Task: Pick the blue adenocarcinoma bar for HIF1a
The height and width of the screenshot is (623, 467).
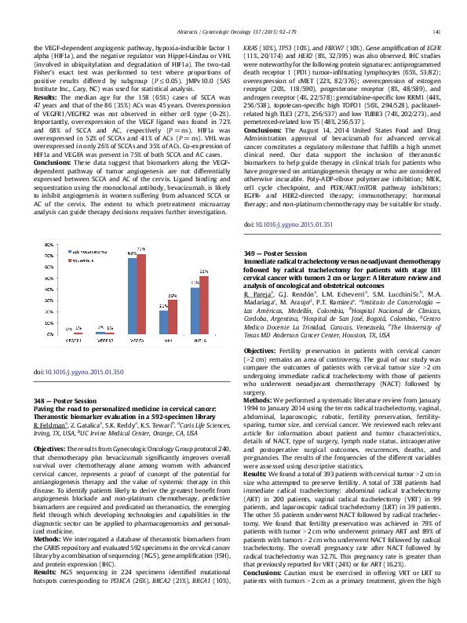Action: [195, 311]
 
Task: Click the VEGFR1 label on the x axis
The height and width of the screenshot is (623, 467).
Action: [74, 342]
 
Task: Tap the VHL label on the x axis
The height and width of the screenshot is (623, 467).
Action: [168, 342]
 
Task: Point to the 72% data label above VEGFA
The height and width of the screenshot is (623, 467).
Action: [141, 248]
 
